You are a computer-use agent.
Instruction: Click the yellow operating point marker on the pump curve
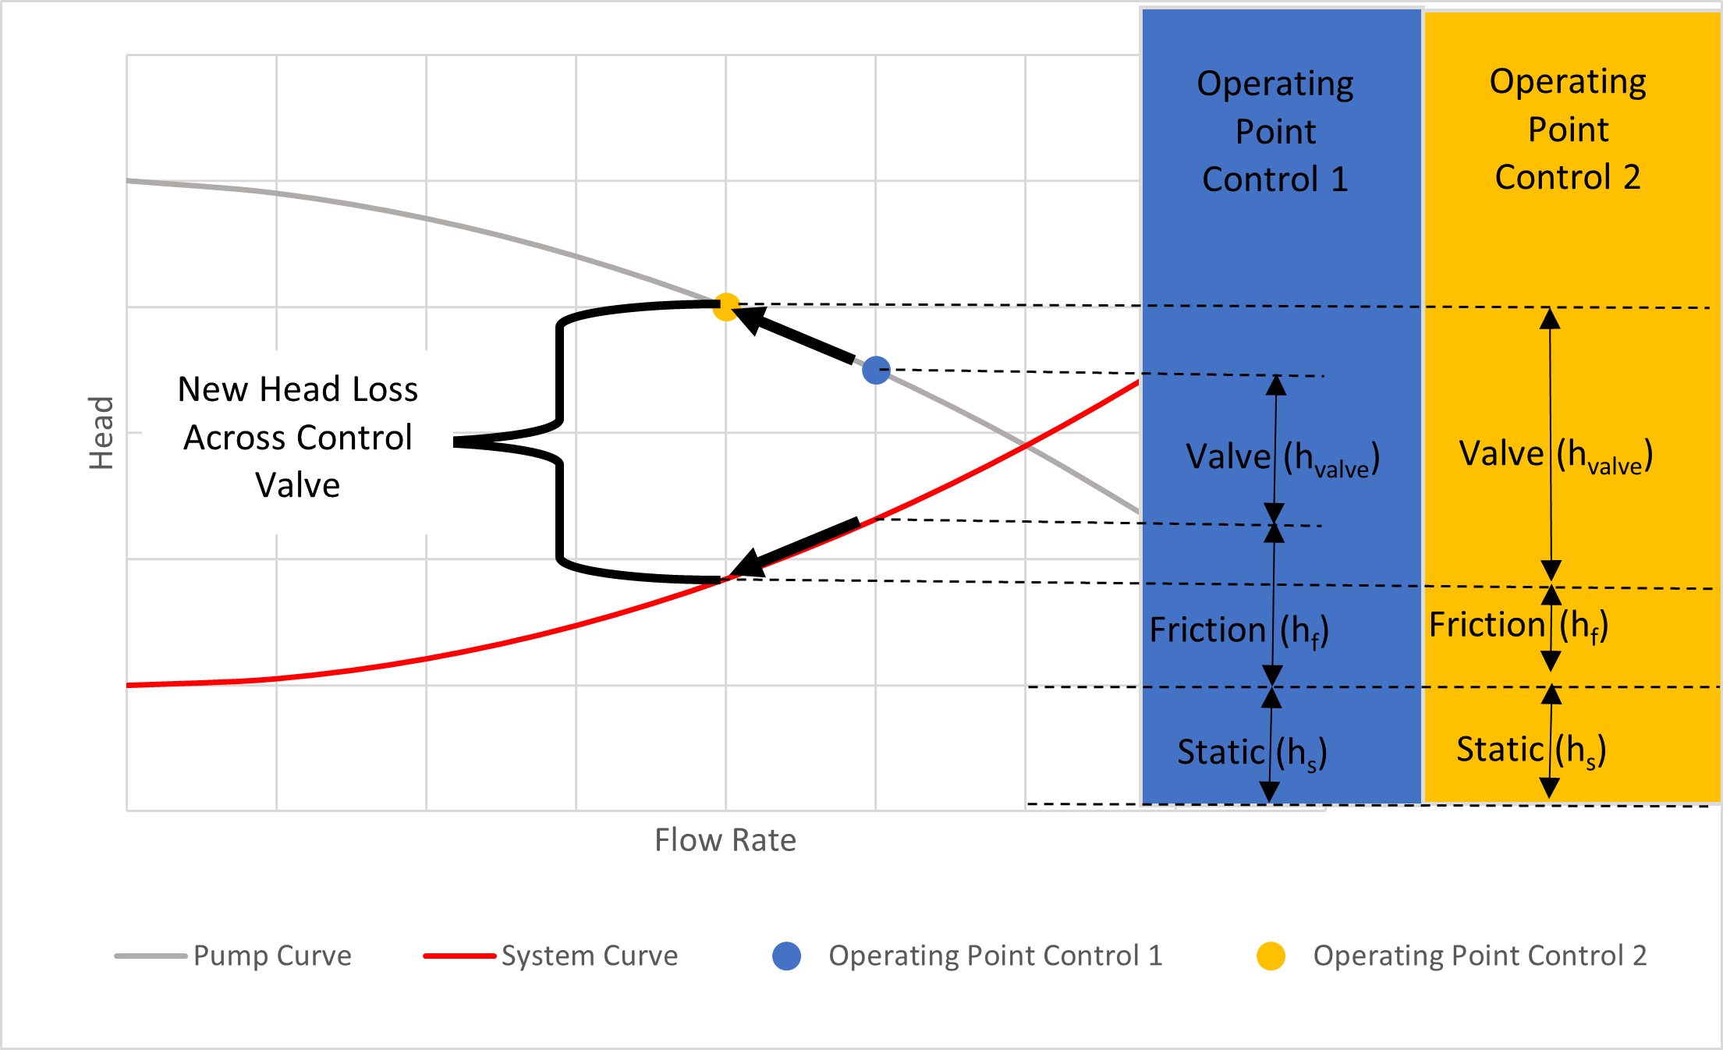[726, 306]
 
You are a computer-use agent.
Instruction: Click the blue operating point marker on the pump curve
[876, 370]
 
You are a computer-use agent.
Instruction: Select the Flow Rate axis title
[725, 840]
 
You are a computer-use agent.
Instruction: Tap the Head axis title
[101, 433]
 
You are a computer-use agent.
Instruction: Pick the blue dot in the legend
[786, 956]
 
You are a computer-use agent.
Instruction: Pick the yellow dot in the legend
[1271, 956]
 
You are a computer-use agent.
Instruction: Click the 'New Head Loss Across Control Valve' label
[297, 437]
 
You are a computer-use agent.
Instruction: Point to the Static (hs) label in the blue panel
[1252, 753]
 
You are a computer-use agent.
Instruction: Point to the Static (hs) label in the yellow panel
[1531, 750]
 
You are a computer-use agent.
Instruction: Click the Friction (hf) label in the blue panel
[1239, 630]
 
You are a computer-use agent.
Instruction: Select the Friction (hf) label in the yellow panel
[1518, 626]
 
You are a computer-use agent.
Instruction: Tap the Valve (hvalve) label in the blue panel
[1282, 458]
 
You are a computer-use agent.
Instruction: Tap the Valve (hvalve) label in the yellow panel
[1555, 455]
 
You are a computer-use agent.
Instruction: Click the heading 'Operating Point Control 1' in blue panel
[1275, 132]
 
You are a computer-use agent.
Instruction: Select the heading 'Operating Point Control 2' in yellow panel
[1568, 129]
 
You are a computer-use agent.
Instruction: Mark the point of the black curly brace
[456, 442]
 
